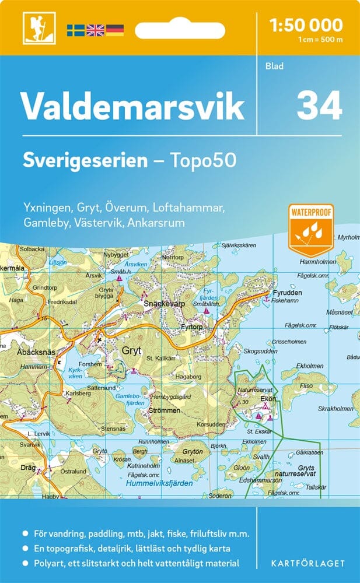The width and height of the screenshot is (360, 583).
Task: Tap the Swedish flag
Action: point(75,30)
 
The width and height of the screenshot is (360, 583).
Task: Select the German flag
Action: point(115,30)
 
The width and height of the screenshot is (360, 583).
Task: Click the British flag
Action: point(95,30)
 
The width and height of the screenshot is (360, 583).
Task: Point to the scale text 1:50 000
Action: point(306,25)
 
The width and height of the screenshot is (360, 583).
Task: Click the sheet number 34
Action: point(319,106)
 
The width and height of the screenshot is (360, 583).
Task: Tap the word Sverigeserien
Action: point(85,160)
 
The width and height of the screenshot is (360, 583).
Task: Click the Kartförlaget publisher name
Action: point(309,563)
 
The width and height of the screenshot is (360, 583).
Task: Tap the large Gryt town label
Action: point(131,351)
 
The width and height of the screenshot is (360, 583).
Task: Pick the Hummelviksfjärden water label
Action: point(160,483)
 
